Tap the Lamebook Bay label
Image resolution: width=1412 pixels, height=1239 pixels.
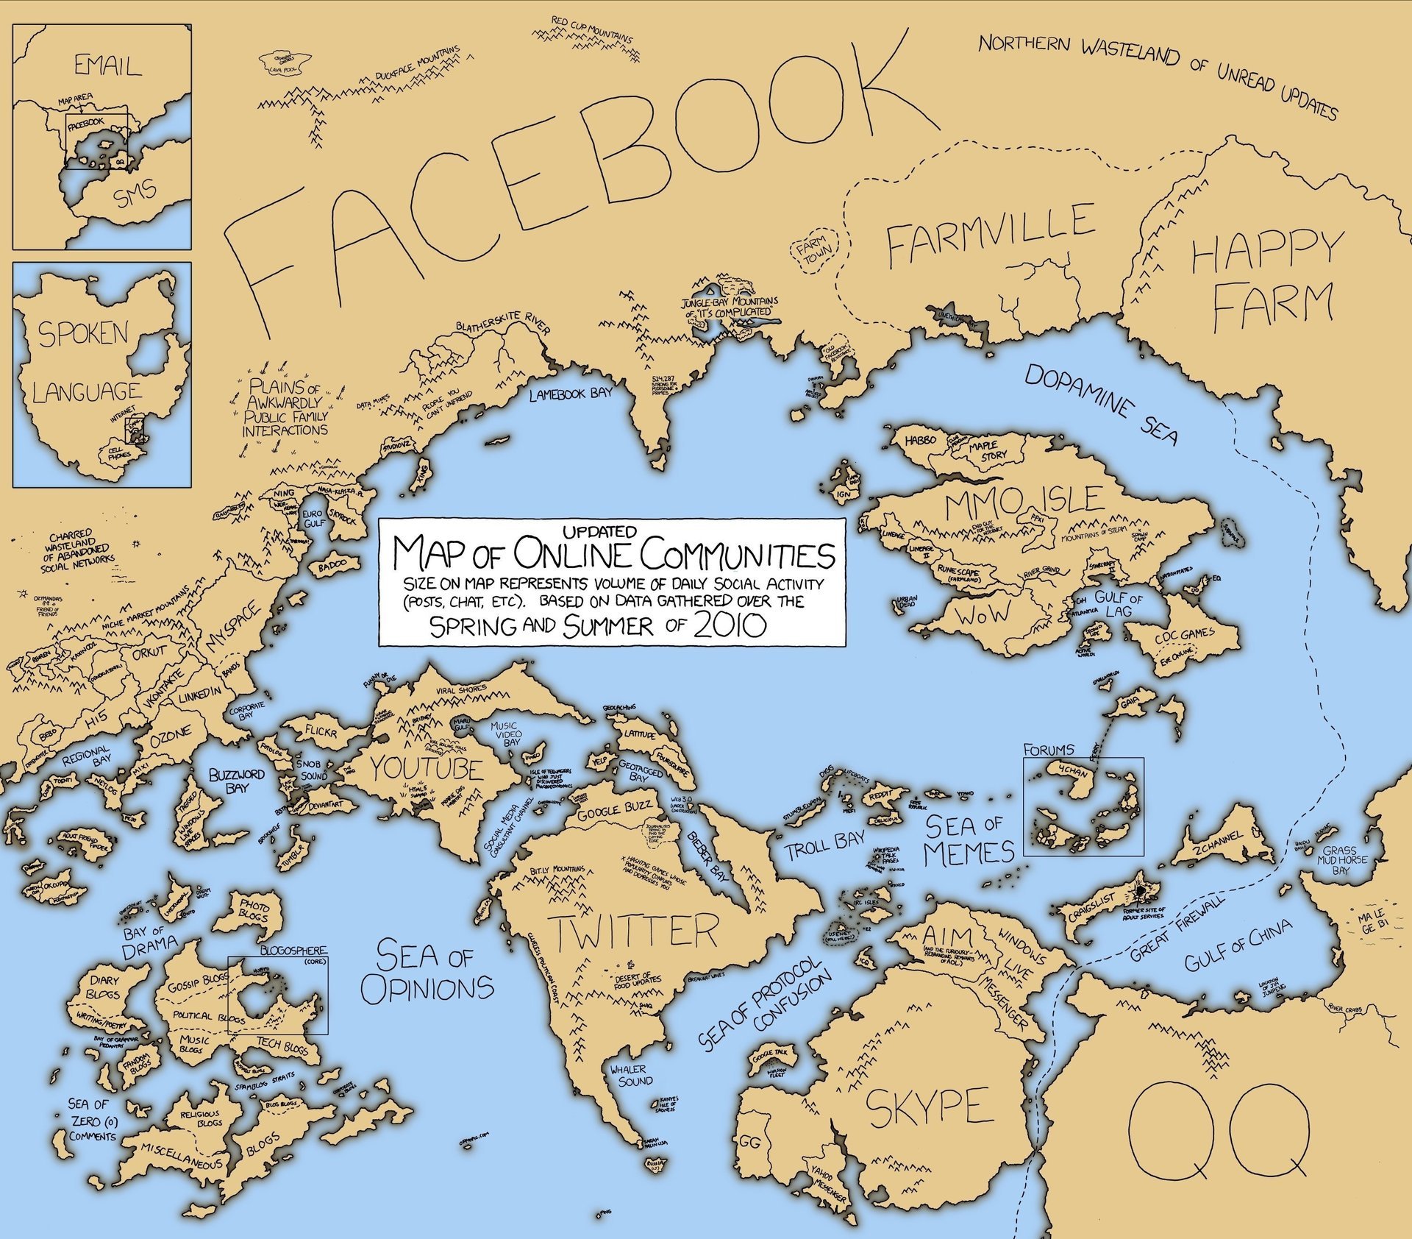coord(571,394)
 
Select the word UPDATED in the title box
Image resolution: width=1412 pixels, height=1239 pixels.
coord(599,530)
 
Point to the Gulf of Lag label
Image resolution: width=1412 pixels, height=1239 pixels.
coord(1119,604)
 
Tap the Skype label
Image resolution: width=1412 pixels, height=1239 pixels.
coord(930,1107)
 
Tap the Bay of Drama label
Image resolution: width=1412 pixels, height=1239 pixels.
coord(150,940)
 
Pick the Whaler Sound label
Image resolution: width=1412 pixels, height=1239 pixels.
coord(630,1075)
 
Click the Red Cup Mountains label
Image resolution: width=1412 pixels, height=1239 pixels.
coord(591,31)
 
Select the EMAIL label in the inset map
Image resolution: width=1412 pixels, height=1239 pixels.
coord(107,66)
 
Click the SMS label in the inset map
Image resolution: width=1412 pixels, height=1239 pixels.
coord(135,194)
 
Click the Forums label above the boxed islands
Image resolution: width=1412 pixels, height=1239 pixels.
coord(1048,750)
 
